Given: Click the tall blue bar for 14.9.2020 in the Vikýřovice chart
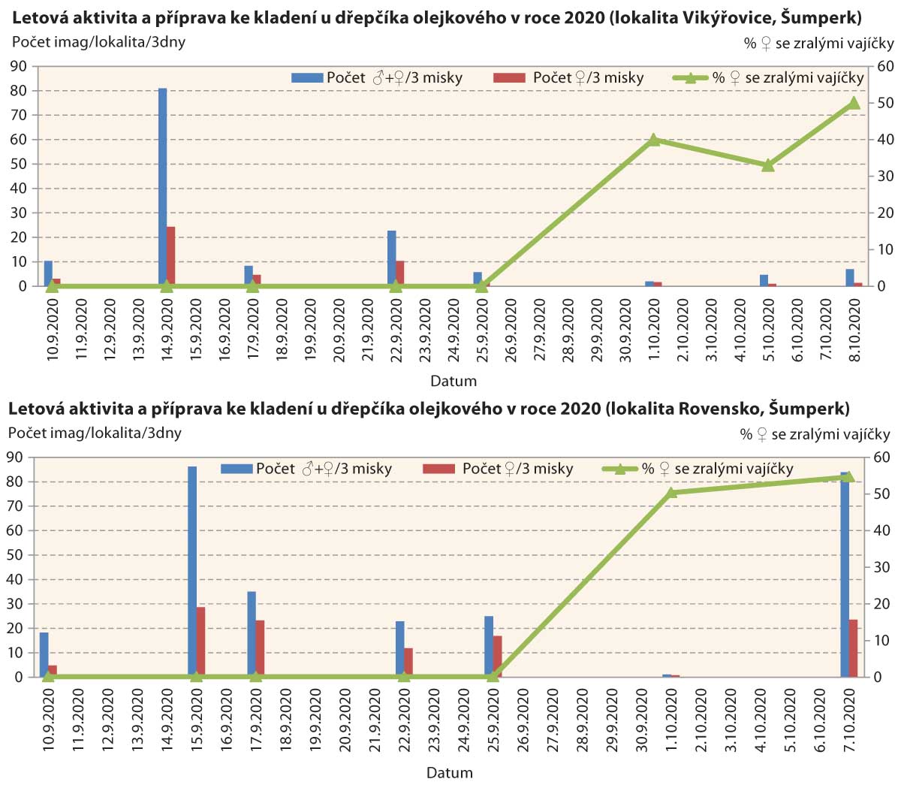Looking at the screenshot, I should coord(162,187).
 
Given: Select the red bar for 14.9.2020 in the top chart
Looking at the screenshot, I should coord(171,256).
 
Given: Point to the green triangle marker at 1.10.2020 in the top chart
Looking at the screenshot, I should coord(653,140).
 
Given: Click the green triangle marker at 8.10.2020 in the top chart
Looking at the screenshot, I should coord(854,103).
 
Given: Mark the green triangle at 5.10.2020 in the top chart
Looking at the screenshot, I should coord(768,165).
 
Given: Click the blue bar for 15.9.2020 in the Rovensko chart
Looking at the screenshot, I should coord(192,571).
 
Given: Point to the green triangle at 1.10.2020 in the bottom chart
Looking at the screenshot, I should coord(672,493).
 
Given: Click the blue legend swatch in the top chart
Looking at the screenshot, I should coord(306,77).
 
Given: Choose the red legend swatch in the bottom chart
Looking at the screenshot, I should coord(439,469).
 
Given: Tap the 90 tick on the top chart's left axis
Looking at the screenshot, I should coord(18,67).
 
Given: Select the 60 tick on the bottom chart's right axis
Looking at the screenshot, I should coord(884,457).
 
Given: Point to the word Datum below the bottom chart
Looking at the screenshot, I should coord(450,772).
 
